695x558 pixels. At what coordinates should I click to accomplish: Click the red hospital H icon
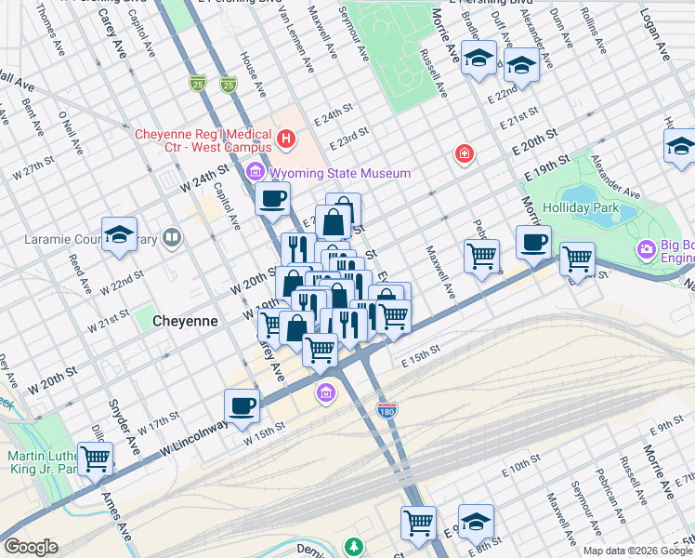click(286, 140)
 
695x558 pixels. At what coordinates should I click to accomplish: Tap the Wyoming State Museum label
click(339, 173)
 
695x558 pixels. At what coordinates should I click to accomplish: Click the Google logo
click(31, 547)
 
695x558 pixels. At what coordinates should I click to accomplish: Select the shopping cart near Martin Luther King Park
click(96, 458)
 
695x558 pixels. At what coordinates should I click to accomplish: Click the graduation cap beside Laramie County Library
click(120, 235)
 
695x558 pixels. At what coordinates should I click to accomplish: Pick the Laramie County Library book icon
click(171, 239)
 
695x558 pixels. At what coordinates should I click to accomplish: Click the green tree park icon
click(353, 547)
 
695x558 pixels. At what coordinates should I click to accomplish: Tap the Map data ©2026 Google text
click(637, 550)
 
